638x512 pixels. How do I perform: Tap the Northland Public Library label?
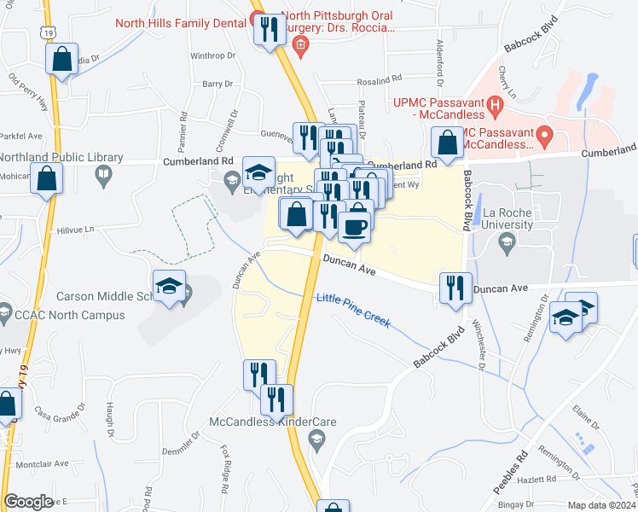[61, 158]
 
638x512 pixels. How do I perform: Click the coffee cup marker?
[354, 227]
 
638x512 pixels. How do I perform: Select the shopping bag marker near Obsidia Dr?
[61, 60]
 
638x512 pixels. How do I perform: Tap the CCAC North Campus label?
[70, 315]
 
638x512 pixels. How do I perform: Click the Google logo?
[28, 502]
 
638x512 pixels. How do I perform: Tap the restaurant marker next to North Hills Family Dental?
[270, 31]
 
